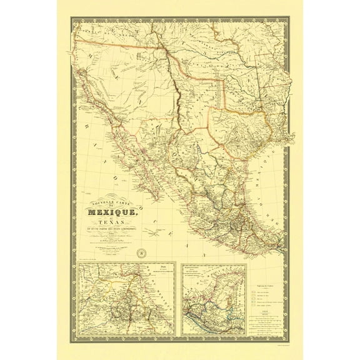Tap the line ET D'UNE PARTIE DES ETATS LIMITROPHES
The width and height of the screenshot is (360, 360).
pyautogui.click(x=115, y=235)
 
